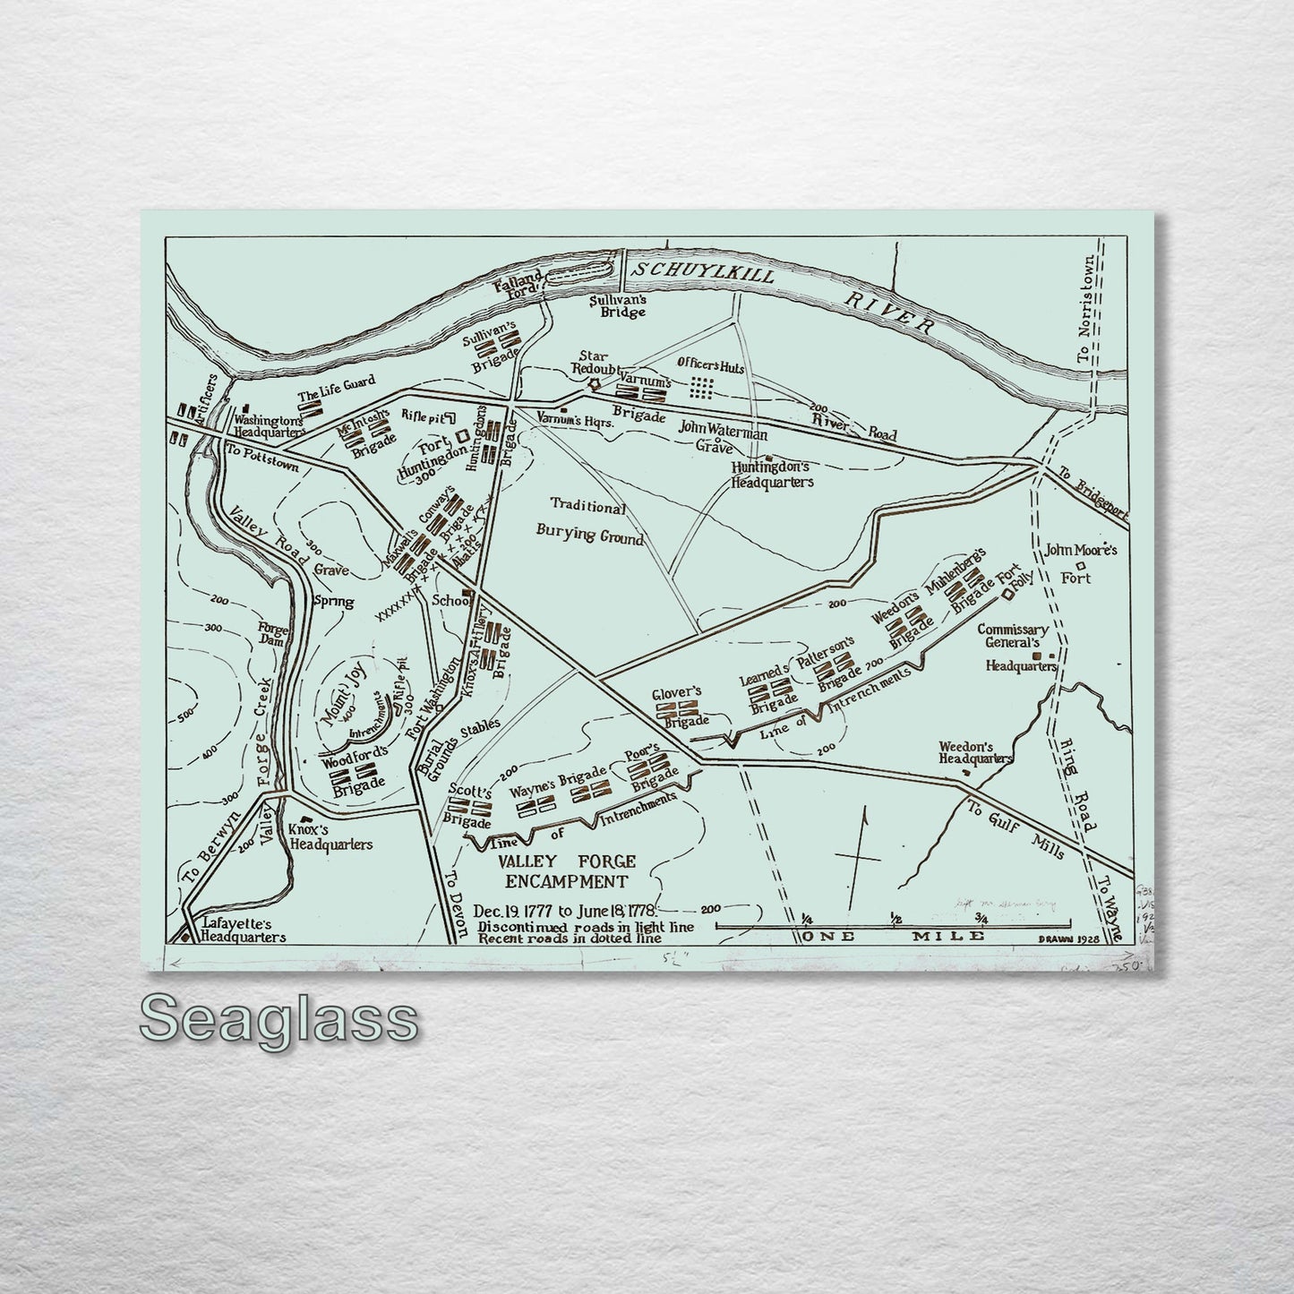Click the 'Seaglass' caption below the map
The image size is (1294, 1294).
click(x=279, y=1019)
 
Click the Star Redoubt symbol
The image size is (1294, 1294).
click(x=592, y=384)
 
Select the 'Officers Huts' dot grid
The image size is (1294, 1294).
click(x=702, y=387)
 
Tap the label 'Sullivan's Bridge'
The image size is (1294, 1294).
click(x=617, y=307)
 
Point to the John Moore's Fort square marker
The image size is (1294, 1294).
click(x=1081, y=566)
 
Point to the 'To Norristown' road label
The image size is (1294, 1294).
click(x=1086, y=309)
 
